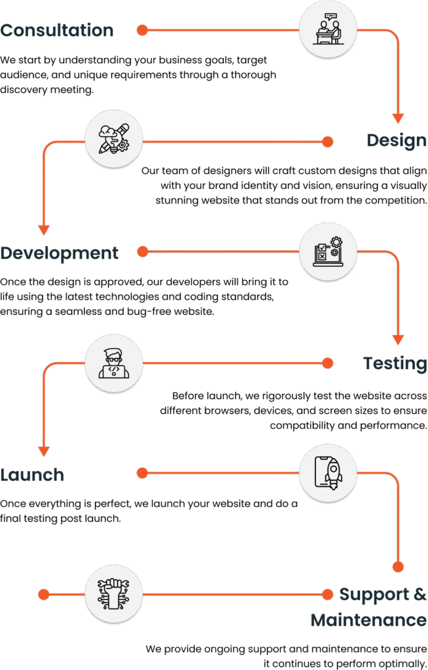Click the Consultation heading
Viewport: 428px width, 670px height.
57,30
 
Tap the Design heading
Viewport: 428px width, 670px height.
397,140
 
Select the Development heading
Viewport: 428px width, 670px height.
60,253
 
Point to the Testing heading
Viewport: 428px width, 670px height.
395,362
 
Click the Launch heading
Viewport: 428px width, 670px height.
32,474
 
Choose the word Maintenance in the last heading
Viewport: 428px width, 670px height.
368,619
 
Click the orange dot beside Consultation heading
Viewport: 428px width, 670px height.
141,30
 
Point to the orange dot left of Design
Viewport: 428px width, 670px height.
327,141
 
